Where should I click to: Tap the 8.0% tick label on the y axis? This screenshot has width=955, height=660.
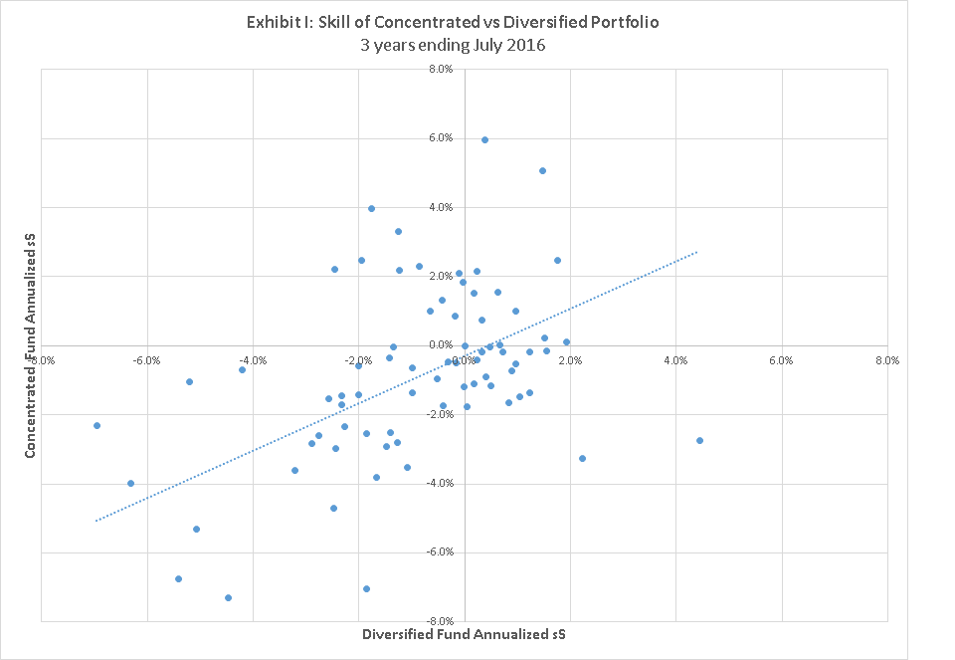pos(441,70)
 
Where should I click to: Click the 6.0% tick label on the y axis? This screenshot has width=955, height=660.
pos(441,138)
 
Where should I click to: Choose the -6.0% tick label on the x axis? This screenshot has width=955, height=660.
pos(146,359)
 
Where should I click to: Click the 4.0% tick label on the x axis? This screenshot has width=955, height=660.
pos(676,359)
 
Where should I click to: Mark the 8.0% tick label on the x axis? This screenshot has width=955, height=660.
pos(888,359)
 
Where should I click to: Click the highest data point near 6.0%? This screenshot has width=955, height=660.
pos(484,139)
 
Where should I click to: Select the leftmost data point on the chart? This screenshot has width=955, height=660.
pos(96,425)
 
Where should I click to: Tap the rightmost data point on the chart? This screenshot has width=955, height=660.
pos(699,440)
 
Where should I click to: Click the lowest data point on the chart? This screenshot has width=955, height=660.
pos(228,597)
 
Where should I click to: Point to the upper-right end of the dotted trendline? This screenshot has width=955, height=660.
pos(696,252)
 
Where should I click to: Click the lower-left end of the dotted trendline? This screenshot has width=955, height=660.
pos(96,521)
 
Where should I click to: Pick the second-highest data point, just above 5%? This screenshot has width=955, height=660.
pos(542,170)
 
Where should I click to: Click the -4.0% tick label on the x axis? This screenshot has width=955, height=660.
pos(252,359)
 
